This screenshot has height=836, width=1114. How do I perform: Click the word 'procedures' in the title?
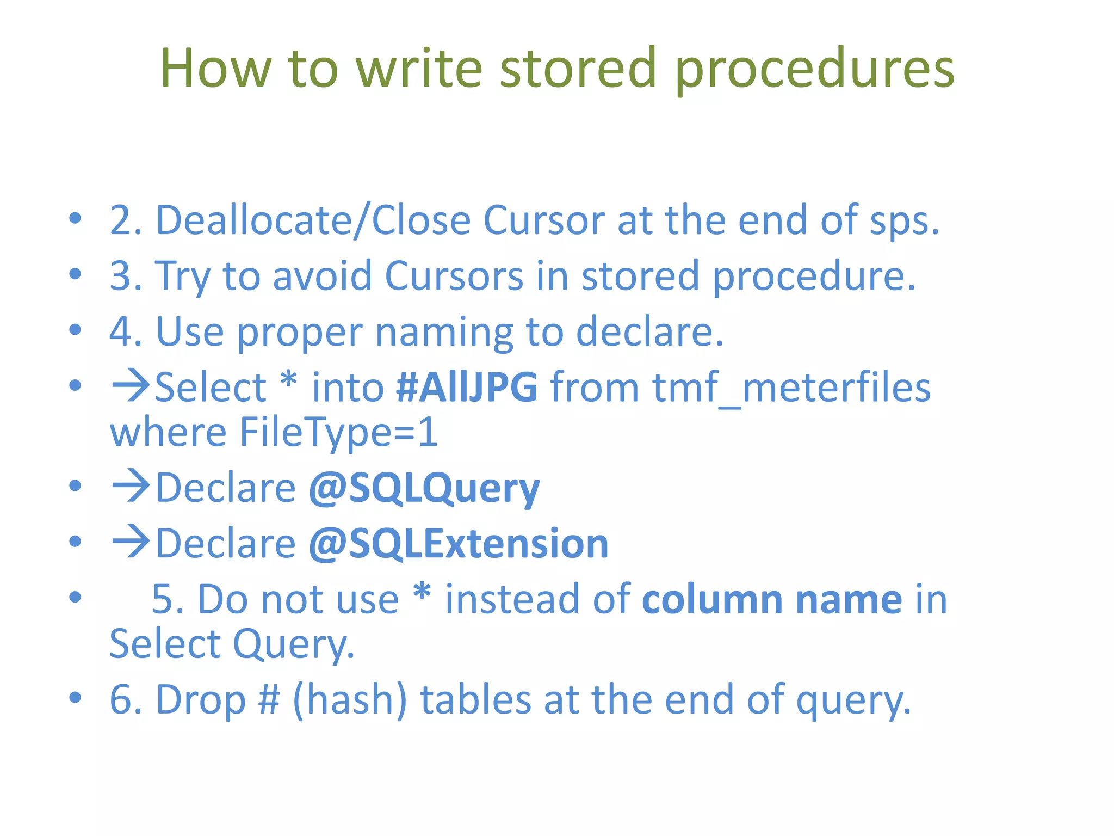point(814,69)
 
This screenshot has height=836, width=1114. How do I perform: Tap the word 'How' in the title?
point(215,69)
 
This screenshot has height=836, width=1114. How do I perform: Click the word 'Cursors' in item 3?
point(454,276)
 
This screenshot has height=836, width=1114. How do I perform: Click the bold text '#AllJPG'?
point(467,388)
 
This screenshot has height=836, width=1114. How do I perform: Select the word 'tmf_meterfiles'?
point(791,388)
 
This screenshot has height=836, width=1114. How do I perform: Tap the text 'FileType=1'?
point(338,432)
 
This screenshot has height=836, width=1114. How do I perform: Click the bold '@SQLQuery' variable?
point(424,488)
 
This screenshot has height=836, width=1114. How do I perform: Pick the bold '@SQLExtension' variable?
point(458,544)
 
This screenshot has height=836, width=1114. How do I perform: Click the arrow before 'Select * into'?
point(131,386)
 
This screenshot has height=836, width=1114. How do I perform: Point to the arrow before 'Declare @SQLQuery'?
point(131,485)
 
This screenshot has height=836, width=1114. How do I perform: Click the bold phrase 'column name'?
point(772,599)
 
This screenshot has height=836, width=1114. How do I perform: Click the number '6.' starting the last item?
point(126,700)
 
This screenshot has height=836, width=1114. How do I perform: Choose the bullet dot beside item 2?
point(75,219)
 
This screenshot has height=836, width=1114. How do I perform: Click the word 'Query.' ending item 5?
point(294,644)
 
